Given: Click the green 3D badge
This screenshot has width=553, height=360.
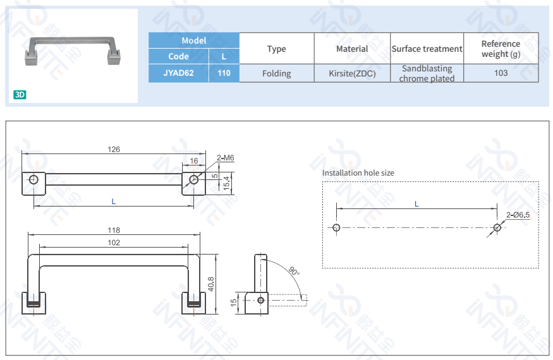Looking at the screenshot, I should point(20,95).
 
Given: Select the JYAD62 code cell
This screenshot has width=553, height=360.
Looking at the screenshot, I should point(178,73).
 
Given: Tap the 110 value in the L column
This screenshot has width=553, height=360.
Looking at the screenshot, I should point(224,73).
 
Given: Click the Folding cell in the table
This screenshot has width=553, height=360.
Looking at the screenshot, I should point(276,73).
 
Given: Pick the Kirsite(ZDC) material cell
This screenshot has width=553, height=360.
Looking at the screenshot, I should point(352,73).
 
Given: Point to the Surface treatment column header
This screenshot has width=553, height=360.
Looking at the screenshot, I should point(427,49).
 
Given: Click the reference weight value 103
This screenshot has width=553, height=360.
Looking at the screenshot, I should point(501,73).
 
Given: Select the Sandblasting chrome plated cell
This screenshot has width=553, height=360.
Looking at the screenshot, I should point(427,73).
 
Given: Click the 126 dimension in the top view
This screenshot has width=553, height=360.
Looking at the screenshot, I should point(114,150).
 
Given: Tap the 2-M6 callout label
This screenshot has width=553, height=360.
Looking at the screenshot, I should point(225,157).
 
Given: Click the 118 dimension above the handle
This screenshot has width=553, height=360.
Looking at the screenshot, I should point(114,231).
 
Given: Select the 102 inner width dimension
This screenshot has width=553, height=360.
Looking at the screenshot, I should point(114,243).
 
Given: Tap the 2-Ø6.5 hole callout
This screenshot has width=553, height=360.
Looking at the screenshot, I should point(518,215).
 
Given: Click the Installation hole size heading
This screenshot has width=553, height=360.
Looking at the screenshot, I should point(358,172).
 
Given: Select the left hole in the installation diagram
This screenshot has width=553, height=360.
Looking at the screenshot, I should point(336,227).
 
